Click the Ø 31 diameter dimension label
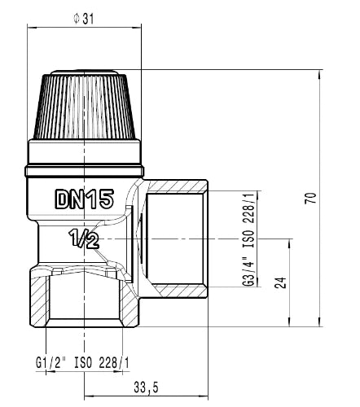pos(84,19)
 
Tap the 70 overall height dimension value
pos(311,198)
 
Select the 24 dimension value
pos(280,282)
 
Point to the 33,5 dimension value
pos(146,387)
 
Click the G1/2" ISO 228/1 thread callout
pos(83,363)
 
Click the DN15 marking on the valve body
pos(85,199)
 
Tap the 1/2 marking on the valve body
pos(84,239)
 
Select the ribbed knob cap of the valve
pos(85,104)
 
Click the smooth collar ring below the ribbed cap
pos(85,151)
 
